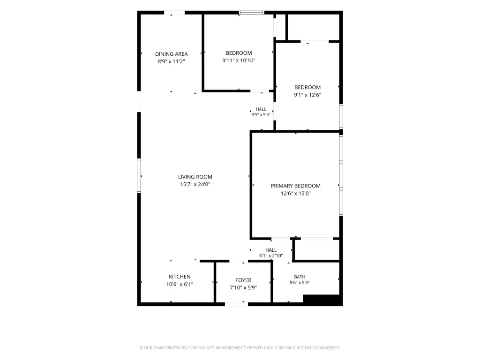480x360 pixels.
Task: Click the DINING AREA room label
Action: [172, 54]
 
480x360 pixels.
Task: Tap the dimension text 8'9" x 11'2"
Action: [172, 61]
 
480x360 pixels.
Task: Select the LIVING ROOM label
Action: [195, 177]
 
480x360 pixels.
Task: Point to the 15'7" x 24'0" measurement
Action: [195, 184]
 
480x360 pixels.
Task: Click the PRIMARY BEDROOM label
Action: [296, 186]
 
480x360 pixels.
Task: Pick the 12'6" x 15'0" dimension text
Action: [296, 194]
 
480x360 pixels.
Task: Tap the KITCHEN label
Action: [180, 277]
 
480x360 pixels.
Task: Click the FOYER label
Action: [243, 280]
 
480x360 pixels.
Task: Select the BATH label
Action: [300, 277]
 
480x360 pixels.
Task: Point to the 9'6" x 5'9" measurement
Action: [300, 283]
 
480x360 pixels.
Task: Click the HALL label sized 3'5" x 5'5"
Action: [261, 109]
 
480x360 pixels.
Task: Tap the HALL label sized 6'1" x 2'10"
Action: [271, 250]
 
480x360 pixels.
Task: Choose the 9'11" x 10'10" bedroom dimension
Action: [239, 60]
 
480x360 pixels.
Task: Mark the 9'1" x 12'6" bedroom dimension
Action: [307, 95]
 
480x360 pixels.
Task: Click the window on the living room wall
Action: [139, 176]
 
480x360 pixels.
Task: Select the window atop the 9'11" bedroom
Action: [252, 13]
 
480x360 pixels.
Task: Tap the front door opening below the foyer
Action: [236, 304]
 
